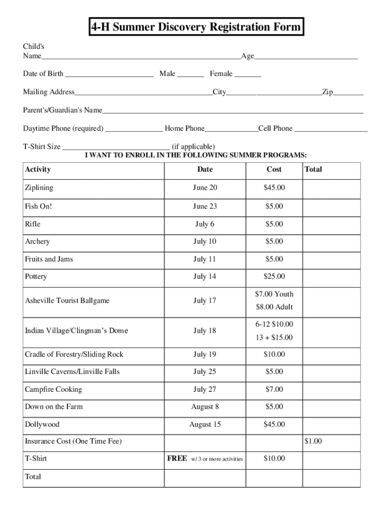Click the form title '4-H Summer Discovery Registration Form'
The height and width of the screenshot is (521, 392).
[196, 26]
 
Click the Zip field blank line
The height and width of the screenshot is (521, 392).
[349, 94]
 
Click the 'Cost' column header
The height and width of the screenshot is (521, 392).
[274, 169]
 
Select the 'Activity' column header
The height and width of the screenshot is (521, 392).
[38, 169]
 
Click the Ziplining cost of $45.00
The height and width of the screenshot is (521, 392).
[274, 188]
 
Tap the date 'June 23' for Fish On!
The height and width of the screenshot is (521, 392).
[205, 206]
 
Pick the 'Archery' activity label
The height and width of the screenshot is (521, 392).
[37, 242]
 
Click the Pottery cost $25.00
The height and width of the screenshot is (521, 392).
[274, 277]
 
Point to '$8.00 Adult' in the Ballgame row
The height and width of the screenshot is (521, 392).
[274, 307]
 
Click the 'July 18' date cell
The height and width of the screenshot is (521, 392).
[205, 331]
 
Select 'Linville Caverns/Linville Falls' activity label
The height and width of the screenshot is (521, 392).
[72, 372]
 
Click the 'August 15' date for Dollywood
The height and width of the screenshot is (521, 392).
[205, 424]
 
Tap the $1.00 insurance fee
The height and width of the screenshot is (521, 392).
[313, 441]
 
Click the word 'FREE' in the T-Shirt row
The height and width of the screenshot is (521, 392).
[177, 458]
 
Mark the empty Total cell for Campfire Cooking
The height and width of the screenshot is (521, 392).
[331, 390]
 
